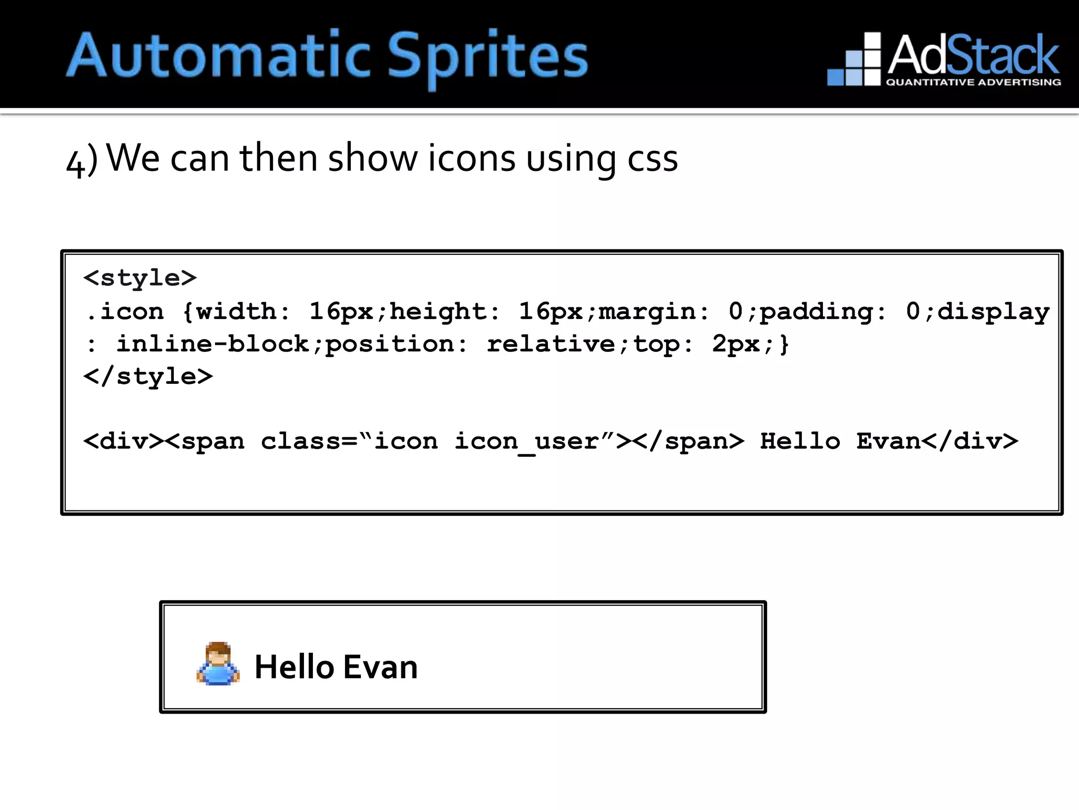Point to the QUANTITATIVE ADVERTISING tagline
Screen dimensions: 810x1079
tap(973, 82)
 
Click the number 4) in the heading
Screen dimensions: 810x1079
tap(82, 160)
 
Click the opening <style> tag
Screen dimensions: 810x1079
tap(140, 278)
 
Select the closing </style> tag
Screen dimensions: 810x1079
tap(148, 377)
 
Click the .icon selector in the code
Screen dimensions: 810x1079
tap(124, 312)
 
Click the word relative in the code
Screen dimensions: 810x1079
tap(551, 344)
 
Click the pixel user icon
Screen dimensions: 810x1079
tap(218, 664)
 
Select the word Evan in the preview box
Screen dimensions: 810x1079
tap(380, 667)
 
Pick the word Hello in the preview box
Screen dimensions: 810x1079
tap(294, 667)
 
